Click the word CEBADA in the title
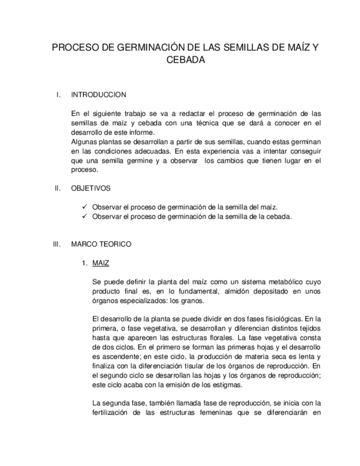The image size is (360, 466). [185, 60]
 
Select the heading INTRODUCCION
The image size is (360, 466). [98, 95]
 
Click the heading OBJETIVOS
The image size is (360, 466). [91, 188]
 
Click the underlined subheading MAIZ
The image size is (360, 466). [101, 263]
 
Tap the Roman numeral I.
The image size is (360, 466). [58, 95]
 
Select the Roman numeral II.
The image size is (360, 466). [57, 188]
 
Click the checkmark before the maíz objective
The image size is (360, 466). [84, 207]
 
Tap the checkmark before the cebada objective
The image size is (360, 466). [84, 216]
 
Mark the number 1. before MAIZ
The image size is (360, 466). [85, 263]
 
